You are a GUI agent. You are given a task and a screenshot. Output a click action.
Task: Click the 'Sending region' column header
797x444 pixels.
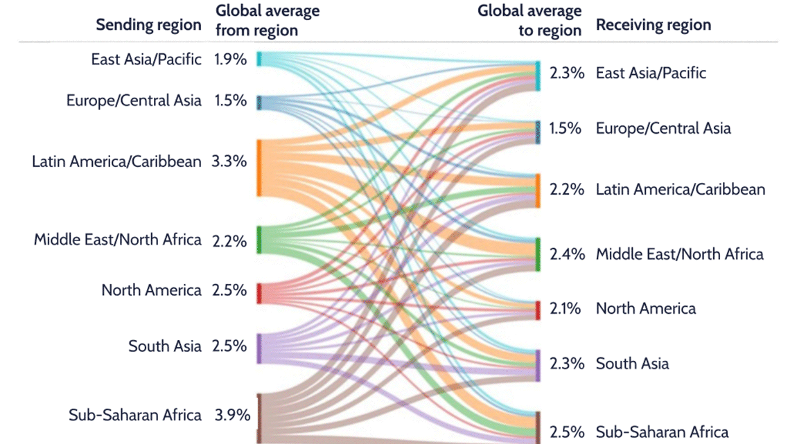click(x=148, y=26)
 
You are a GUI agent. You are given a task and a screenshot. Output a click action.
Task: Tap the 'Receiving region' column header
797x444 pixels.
click(x=654, y=26)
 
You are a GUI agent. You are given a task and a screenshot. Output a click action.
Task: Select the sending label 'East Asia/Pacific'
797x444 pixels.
click(x=146, y=60)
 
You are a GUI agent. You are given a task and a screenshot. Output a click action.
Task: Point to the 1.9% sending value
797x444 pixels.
click(x=230, y=60)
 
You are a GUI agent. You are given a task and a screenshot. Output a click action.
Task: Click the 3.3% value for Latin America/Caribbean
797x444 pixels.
click(x=229, y=162)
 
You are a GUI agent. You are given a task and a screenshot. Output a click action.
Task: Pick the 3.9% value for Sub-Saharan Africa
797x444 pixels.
click(x=231, y=416)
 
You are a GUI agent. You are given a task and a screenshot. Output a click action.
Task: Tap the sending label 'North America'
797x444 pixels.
click(x=151, y=290)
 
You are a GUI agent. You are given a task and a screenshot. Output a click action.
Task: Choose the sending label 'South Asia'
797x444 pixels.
click(x=164, y=346)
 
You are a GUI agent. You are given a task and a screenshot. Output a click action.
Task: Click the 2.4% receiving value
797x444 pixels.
click(x=566, y=254)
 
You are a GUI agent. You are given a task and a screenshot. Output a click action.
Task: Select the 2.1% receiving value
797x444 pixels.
click(x=566, y=309)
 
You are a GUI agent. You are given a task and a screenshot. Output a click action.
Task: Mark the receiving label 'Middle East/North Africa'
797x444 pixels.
click(x=679, y=254)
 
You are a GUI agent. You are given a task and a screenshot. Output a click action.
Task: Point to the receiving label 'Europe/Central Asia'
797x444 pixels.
click(x=663, y=128)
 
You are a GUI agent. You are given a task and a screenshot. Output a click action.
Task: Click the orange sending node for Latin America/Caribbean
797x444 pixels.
click(x=259, y=168)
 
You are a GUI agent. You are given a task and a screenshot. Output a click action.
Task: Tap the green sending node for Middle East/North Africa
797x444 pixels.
click(x=259, y=240)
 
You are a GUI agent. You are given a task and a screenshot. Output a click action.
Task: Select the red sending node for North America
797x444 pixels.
click(x=259, y=293)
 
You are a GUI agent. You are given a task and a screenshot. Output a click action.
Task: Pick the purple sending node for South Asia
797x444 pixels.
click(x=259, y=348)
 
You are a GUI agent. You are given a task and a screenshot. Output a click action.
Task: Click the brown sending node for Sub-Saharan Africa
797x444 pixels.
click(x=259, y=418)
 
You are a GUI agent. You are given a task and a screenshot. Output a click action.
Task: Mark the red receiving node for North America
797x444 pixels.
click(x=538, y=310)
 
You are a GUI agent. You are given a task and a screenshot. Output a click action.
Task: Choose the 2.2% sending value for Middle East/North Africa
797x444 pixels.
click(x=229, y=241)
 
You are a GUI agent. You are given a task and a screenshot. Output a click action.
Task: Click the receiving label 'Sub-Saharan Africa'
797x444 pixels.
click(x=662, y=432)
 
